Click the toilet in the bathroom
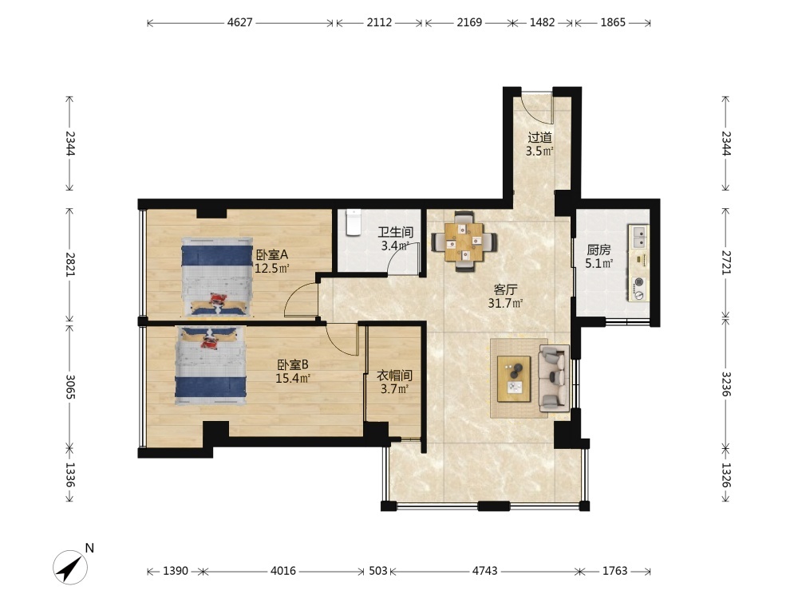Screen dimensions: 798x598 [x=354, y=222]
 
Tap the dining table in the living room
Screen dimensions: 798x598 [x=464, y=242]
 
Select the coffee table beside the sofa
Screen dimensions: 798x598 [x=514, y=379]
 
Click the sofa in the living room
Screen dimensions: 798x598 [x=554, y=378]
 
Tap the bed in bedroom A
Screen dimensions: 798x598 [x=217, y=277]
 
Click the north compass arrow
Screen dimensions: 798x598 [x=70, y=567]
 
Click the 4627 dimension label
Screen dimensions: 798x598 [x=239, y=22]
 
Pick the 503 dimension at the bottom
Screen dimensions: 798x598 [x=377, y=571]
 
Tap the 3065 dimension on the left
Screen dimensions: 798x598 [x=70, y=387]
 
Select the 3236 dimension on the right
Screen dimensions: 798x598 [x=725, y=384]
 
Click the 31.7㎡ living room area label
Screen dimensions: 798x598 [x=505, y=304]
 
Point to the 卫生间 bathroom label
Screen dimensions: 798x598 [x=396, y=232]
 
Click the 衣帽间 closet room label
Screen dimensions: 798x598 [x=394, y=376]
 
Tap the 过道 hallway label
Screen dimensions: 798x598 [x=539, y=137]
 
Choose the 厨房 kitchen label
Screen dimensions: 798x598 [x=598, y=250]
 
